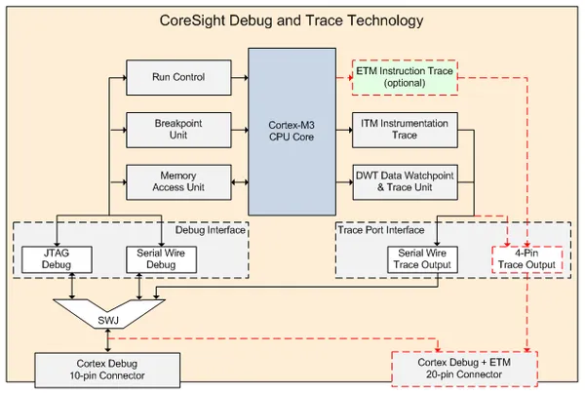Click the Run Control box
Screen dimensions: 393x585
[x=177, y=78]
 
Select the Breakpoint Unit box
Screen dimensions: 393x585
[x=177, y=131]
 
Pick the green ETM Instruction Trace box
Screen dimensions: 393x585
[x=404, y=78]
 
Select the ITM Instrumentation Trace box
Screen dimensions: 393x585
[x=403, y=131]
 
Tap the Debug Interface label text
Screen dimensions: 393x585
[x=209, y=231]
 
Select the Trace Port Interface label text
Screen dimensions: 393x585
[x=382, y=231]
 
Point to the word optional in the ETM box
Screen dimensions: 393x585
[x=404, y=85]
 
